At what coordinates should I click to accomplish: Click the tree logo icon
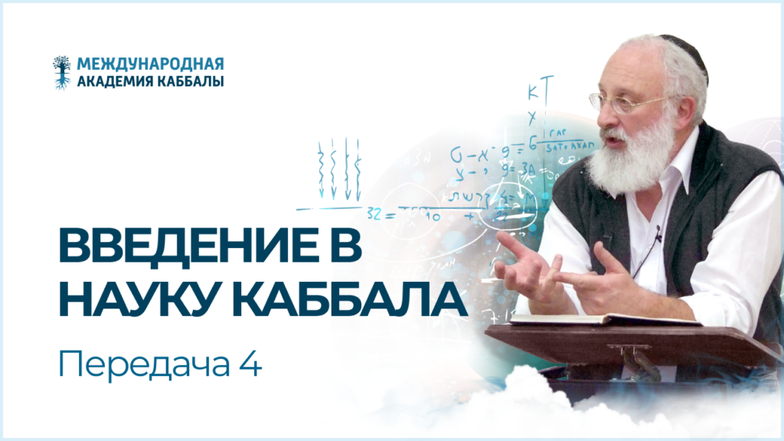pyautogui.click(x=61, y=72)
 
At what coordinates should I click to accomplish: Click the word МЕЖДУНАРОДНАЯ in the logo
pyautogui.click(x=150, y=64)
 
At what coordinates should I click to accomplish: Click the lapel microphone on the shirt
pyautogui.click(x=658, y=230)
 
